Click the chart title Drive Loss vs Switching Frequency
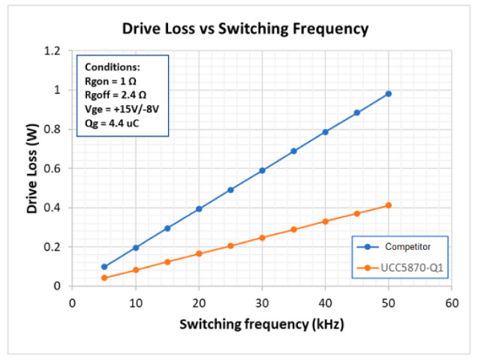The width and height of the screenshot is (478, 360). [x=245, y=29]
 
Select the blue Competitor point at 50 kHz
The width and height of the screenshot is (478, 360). [x=389, y=94]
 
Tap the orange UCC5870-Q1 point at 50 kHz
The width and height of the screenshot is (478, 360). [x=389, y=205]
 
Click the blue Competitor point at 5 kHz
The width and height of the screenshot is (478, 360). [x=104, y=267]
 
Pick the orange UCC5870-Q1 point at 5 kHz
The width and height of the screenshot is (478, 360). [x=104, y=278]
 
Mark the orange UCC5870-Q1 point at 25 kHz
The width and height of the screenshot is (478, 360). [x=231, y=246]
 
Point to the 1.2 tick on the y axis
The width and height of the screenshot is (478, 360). [x=52, y=51]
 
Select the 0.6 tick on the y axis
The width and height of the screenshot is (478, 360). [x=52, y=169]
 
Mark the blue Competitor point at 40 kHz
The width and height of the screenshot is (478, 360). [x=326, y=132]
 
